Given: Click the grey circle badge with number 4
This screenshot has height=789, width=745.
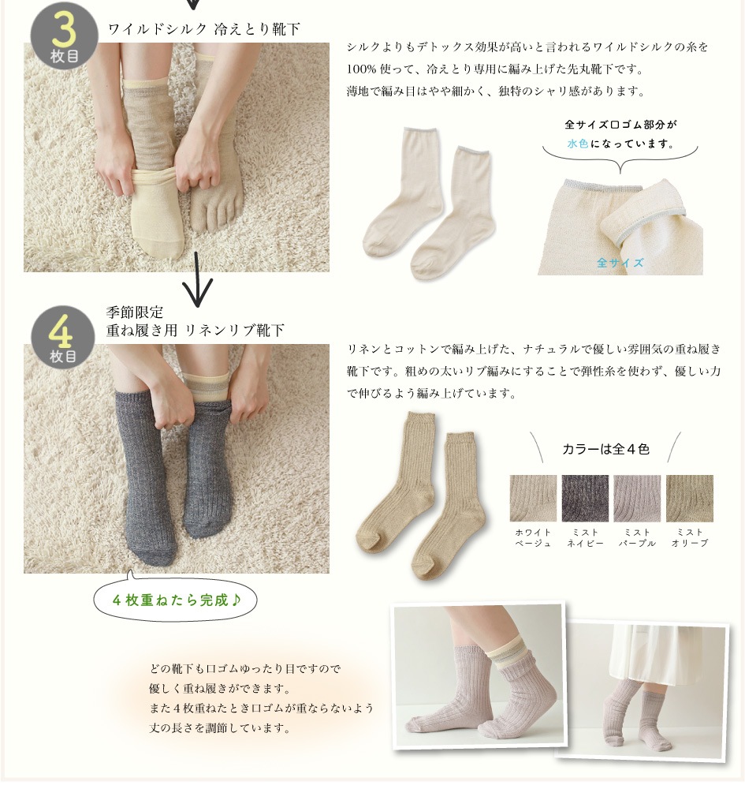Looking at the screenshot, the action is click(63, 338).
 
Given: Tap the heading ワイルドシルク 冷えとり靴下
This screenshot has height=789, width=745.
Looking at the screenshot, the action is click(204, 30).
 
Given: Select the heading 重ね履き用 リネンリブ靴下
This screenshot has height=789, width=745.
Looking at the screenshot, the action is click(195, 331).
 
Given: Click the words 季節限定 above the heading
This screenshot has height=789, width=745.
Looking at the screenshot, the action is click(135, 312).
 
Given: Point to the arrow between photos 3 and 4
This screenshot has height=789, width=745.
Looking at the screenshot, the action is click(197, 279).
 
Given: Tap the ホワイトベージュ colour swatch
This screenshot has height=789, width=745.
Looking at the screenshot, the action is click(533, 498).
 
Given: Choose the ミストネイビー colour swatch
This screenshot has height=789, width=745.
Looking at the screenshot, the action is click(585, 498).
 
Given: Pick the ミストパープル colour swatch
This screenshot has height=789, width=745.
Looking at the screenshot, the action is click(637, 498).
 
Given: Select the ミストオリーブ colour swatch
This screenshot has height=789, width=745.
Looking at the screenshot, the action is click(689, 498).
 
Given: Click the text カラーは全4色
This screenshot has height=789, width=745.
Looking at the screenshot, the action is click(605, 450).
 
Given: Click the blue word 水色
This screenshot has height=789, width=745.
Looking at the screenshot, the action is click(578, 144).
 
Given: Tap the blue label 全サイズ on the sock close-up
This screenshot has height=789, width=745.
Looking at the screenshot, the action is click(620, 263).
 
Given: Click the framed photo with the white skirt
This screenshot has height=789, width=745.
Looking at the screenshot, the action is click(642, 690).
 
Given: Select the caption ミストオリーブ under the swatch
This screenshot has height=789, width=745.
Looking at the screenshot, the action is click(690, 537).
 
